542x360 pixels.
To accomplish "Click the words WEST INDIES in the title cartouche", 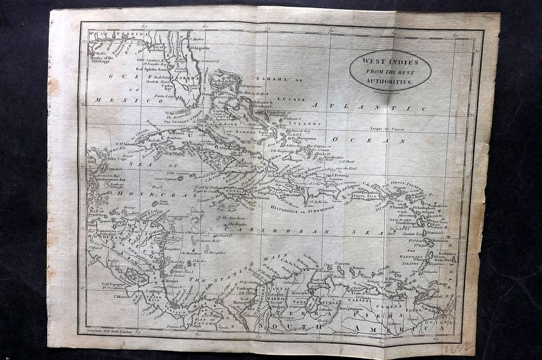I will (x=390, y=62).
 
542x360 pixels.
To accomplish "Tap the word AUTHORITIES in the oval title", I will (x=390, y=81).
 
